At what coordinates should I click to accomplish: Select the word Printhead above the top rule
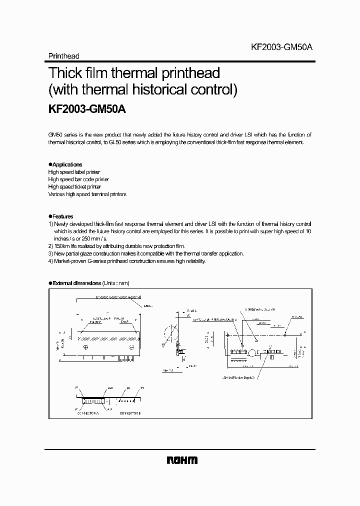(x=63, y=56)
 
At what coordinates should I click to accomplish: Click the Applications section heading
(x=67, y=164)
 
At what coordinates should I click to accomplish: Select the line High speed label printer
(x=74, y=172)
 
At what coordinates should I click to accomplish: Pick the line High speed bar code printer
(x=78, y=179)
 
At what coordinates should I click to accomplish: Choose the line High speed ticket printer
(x=74, y=186)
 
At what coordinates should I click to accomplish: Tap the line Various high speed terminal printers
(x=87, y=194)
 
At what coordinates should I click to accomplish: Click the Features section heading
(x=63, y=216)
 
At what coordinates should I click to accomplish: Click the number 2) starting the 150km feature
(x=50, y=246)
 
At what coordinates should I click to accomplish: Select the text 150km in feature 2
(x=62, y=246)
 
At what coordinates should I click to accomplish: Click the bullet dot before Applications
(x=50, y=164)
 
